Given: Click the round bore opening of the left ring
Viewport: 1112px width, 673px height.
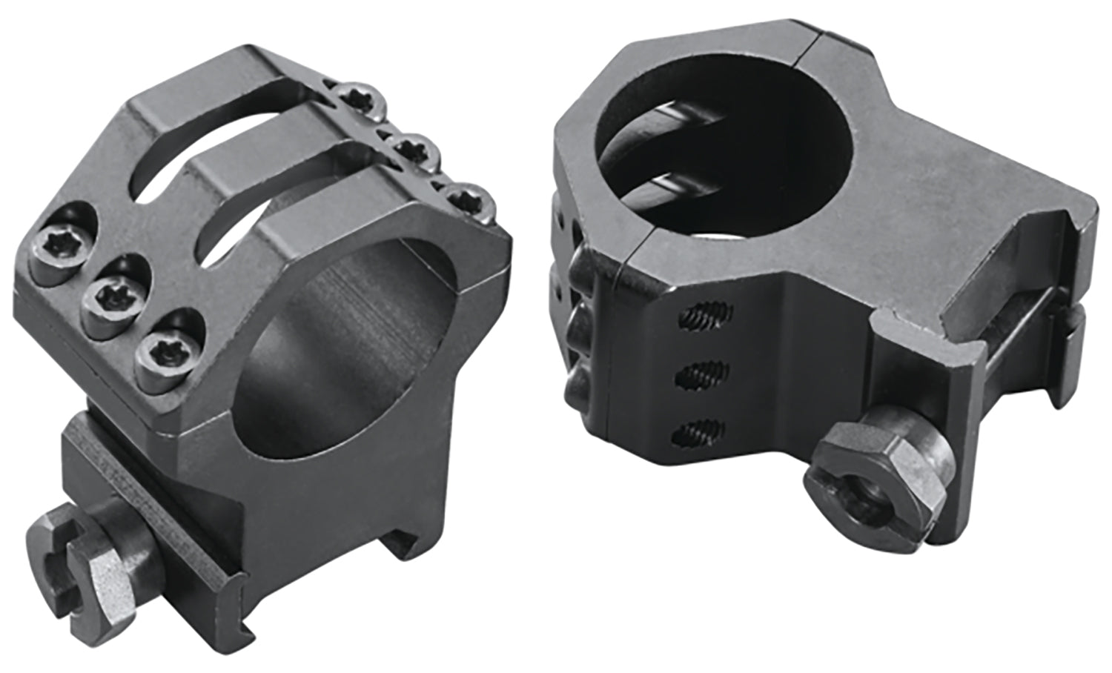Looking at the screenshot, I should point(348,348).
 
